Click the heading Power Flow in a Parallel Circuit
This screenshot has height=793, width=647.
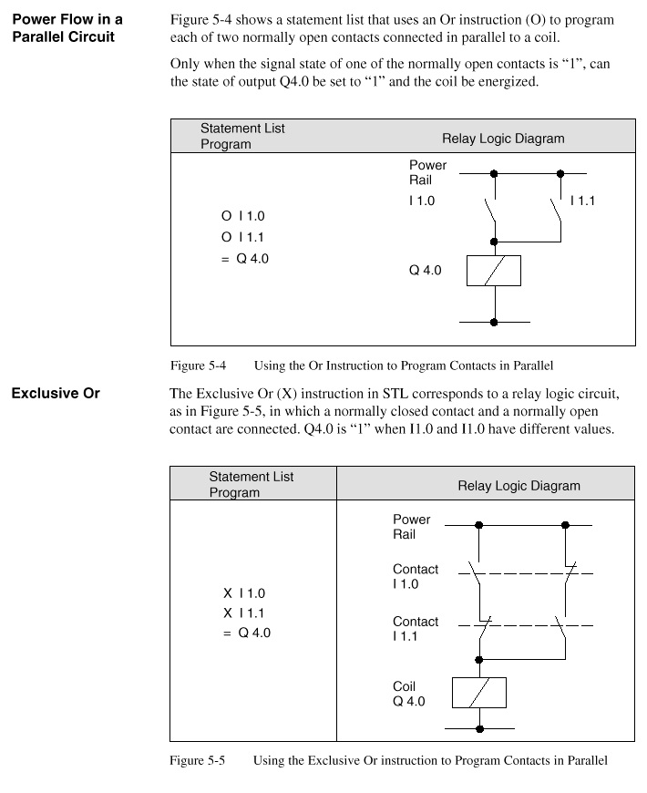pyautogui.click(x=67, y=27)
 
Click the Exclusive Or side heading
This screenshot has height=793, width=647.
pyautogui.click(x=55, y=395)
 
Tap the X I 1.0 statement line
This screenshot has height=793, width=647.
pyautogui.click(x=243, y=593)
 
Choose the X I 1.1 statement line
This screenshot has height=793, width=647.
pyautogui.click(x=243, y=613)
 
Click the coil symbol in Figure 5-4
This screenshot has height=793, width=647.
pyautogui.click(x=493, y=272)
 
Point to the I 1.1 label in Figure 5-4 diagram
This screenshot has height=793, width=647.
pyautogui.click(x=582, y=201)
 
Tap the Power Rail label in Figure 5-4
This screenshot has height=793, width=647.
pyautogui.click(x=427, y=172)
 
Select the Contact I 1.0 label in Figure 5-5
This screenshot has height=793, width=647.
pyautogui.click(x=416, y=576)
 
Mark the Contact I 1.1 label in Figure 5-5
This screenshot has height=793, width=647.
pyautogui.click(x=416, y=629)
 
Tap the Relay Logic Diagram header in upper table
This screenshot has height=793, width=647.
pyautogui.click(x=503, y=139)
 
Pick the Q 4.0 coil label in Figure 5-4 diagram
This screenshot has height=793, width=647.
pyautogui.click(x=425, y=272)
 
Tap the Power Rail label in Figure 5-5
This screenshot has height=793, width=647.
pyautogui.click(x=411, y=527)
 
